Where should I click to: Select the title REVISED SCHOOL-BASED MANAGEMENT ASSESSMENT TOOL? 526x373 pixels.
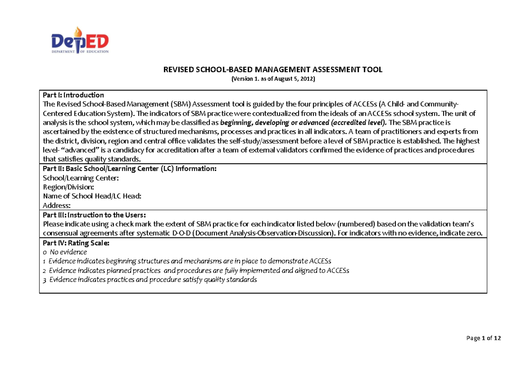[x=273, y=69]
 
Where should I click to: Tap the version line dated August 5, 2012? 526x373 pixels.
[x=273, y=79]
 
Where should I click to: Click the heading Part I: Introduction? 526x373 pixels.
[x=73, y=95]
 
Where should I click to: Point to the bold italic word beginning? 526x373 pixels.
[x=236, y=122]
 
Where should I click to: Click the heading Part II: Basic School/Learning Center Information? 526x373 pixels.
[x=129, y=169]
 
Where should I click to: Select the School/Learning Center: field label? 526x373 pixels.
[x=80, y=178]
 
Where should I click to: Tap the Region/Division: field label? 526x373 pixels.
[x=68, y=186]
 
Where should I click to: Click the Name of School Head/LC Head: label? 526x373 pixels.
[x=92, y=196]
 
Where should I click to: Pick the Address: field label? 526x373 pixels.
[x=56, y=205]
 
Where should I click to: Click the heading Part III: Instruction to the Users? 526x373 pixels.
[x=94, y=215]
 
